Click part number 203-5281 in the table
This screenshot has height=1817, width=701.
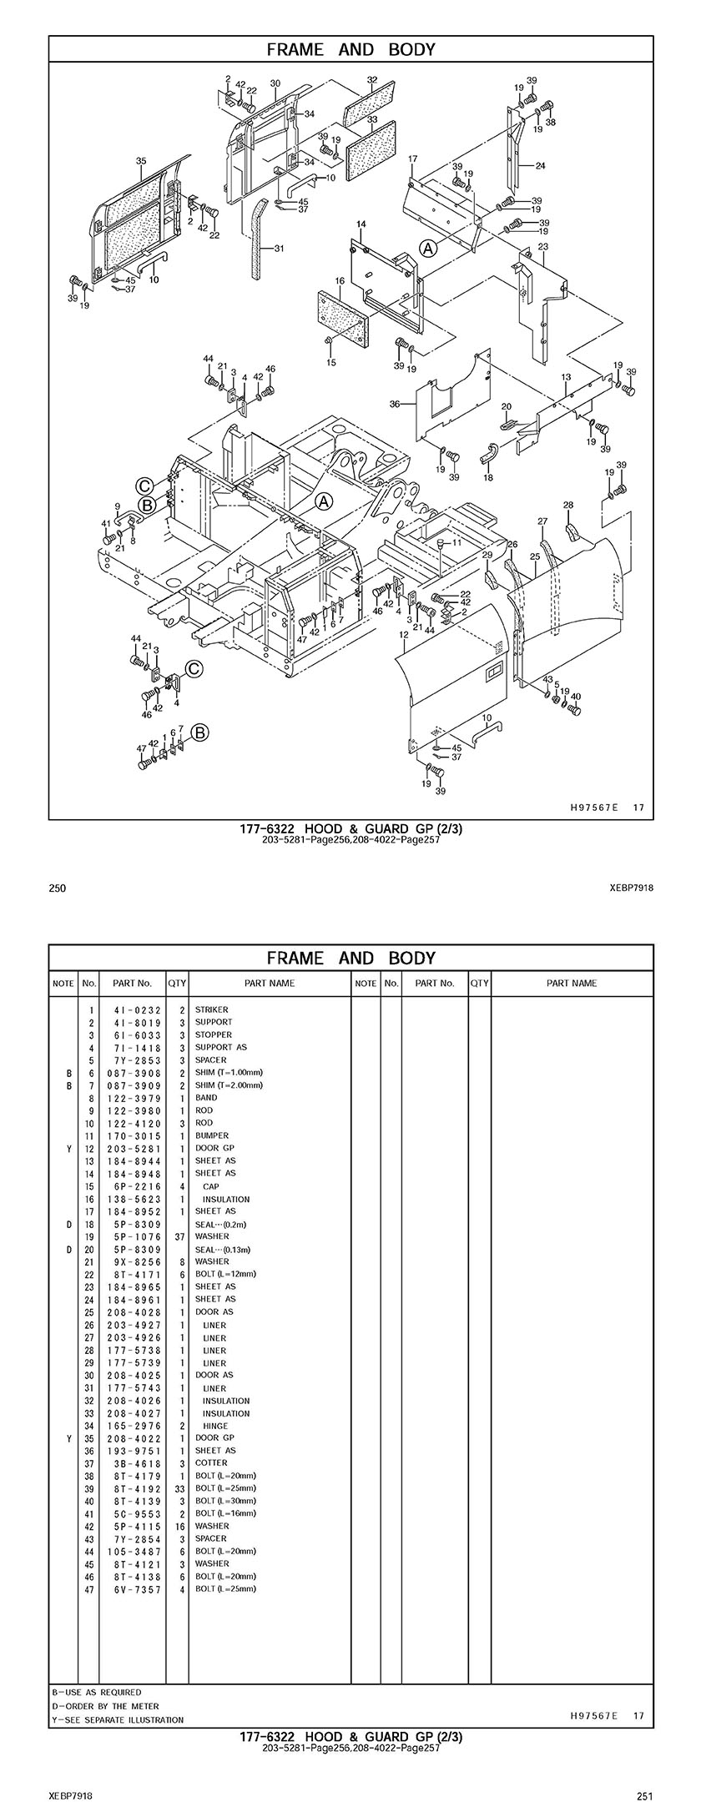(x=134, y=1148)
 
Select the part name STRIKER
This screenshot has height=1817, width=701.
(x=211, y=1009)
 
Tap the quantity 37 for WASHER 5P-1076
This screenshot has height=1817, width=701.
(x=179, y=1236)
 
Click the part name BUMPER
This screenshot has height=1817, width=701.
(x=212, y=1135)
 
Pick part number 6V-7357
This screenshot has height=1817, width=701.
(x=134, y=1589)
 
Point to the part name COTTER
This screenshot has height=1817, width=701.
(x=211, y=1463)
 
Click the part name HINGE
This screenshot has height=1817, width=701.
(x=214, y=1426)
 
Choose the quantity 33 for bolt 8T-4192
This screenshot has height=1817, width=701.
(x=179, y=1488)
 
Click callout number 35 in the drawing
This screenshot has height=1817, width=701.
(x=141, y=160)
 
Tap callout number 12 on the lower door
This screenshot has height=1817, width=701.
(x=403, y=635)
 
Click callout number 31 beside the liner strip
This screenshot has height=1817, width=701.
(x=279, y=248)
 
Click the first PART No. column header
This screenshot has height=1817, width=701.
(x=133, y=983)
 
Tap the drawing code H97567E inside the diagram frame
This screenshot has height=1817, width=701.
(x=593, y=808)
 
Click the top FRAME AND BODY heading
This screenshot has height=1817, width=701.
(x=350, y=49)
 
